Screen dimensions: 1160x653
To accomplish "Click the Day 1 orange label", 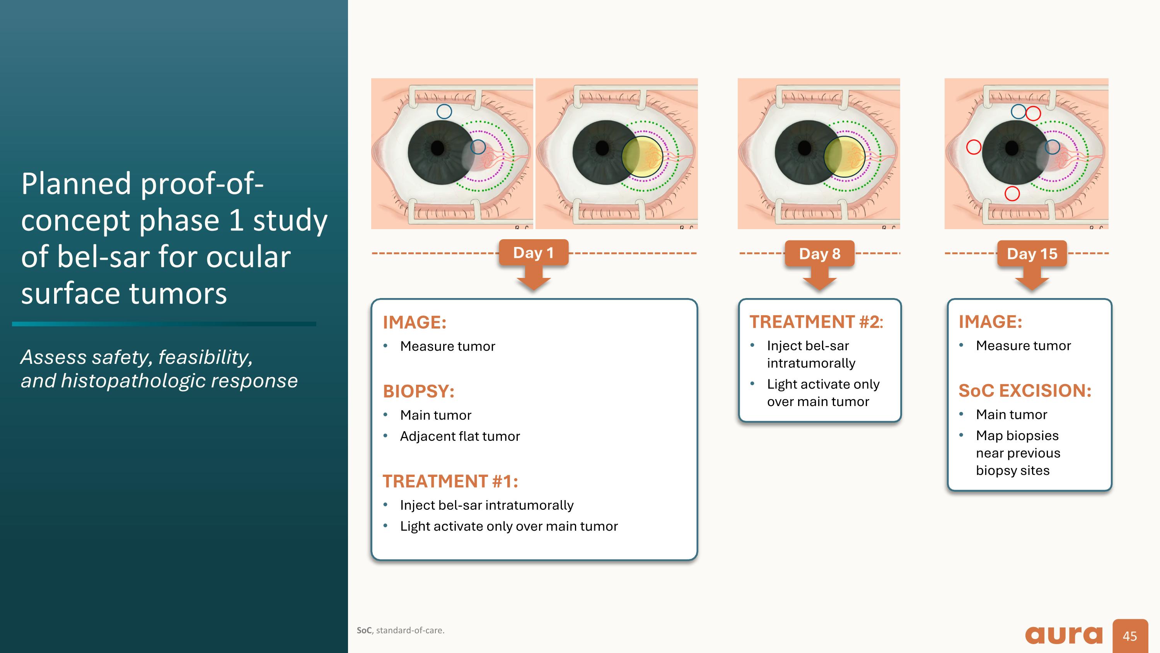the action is (x=534, y=253).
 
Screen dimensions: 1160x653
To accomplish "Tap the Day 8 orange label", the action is (x=820, y=254).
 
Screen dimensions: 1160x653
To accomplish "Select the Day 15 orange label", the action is (x=1032, y=254).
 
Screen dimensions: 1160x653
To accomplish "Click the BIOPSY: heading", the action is (x=419, y=391).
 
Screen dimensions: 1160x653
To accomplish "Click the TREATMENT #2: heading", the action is (x=816, y=322).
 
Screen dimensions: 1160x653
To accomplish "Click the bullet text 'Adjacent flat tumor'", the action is (x=460, y=436).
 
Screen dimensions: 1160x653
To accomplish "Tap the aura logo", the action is (x=1064, y=634).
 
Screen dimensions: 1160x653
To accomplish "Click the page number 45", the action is (x=1130, y=636).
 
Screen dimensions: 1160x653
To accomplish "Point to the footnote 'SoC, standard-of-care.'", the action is (x=400, y=630).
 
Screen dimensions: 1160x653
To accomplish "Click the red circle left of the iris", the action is (x=974, y=147).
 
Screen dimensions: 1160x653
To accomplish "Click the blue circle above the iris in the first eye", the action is (x=444, y=111).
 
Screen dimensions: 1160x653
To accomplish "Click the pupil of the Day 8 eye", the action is (x=804, y=148).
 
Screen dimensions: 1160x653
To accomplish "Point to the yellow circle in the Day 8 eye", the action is (x=845, y=156).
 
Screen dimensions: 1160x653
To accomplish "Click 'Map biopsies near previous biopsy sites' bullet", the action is (x=1018, y=453).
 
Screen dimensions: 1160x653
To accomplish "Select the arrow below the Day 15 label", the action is (x=1032, y=278).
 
